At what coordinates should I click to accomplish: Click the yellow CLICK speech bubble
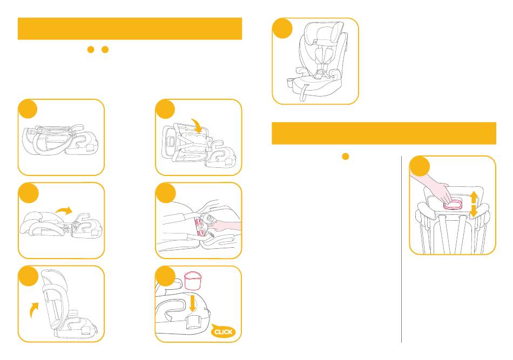coord(224,331)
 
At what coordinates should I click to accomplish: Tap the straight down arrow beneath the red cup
coord(193,303)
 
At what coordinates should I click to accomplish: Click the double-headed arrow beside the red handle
coord(474,205)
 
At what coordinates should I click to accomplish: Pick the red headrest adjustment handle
coord(453,205)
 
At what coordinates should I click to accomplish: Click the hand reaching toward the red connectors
coord(224,225)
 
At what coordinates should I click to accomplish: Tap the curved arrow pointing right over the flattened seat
coord(64,210)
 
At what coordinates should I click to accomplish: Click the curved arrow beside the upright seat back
coord(33,309)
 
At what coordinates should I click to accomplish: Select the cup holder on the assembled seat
coord(291,83)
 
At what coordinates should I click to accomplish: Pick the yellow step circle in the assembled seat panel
coord(282,29)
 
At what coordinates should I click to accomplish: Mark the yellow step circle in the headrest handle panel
coord(420,166)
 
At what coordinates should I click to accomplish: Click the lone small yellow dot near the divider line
coord(345,157)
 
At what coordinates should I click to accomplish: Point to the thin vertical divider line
coord(401,249)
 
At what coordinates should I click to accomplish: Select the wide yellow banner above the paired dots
coord(130,29)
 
